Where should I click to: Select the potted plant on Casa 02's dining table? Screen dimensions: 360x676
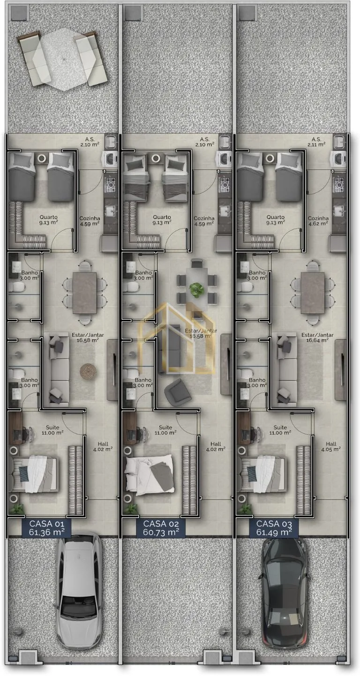(x=196, y=289)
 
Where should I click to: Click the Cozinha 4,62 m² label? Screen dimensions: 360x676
(x=318, y=221)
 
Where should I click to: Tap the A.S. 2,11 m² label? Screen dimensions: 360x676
(x=316, y=142)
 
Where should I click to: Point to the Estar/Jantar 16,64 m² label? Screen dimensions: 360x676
(x=317, y=338)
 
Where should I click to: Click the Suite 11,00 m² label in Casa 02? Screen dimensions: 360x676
(x=165, y=430)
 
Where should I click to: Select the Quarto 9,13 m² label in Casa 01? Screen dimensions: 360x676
(x=49, y=219)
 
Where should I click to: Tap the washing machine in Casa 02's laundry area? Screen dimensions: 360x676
(x=223, y=159)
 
